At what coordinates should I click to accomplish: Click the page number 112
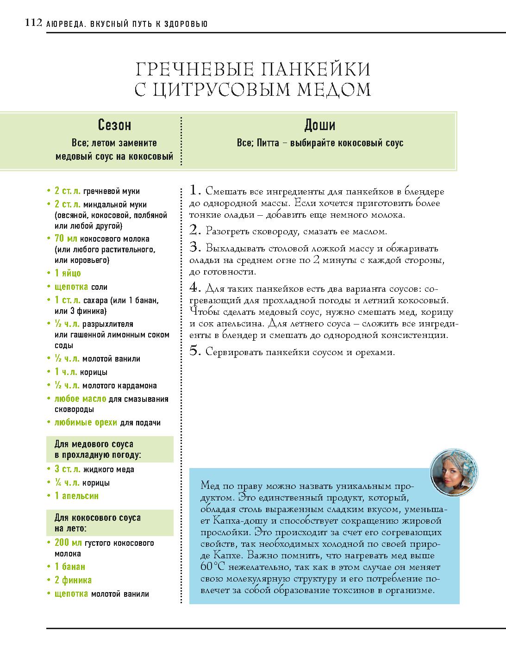(x=33, y=23)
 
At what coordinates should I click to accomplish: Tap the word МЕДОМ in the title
(x=333, y=89)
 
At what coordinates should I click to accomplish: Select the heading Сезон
(x=114, y=125)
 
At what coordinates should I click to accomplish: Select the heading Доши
(x=320, y=125)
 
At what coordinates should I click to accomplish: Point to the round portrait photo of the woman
(x=454, y=472)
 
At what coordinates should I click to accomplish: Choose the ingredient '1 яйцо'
(x=68, y=273)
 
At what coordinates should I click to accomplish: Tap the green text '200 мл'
(x=69, y=543)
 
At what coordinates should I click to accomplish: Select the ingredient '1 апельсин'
(x=76, y=496)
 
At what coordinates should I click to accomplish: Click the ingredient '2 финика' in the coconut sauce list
(x=73, y=580)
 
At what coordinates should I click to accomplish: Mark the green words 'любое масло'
(x=80, y=399)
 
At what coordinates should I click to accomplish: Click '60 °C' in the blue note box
(x=210, y=567)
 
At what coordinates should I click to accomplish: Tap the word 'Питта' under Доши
(x=266, y=143)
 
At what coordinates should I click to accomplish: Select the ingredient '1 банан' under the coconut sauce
(x=69, y=567)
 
